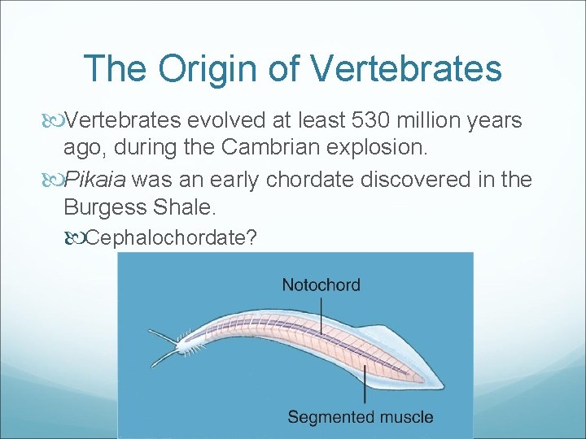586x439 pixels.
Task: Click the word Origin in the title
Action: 211,70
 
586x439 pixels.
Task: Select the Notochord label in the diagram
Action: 321,285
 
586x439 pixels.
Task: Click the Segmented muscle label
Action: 361,417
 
